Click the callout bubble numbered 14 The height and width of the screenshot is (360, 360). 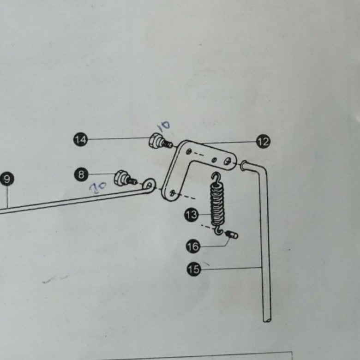tap(81, 139)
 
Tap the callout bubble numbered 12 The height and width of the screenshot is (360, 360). tap(263, 142)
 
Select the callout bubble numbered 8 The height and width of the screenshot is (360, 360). tap(82, 174)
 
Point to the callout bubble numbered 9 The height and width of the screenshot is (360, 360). tap(7, 179)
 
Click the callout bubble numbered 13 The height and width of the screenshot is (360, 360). tap(191, 215)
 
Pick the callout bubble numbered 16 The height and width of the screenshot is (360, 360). tap(193, 246)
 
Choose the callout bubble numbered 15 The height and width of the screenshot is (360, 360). tap(194, 269)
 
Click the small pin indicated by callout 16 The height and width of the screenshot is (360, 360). tap(232, 235)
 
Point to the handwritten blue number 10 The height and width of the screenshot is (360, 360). tap(164, 126)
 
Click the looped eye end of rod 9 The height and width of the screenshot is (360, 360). tap(149, 185)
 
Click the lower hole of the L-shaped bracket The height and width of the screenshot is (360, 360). tap(172, 193)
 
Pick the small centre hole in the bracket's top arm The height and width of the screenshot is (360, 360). tap(214, 159)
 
